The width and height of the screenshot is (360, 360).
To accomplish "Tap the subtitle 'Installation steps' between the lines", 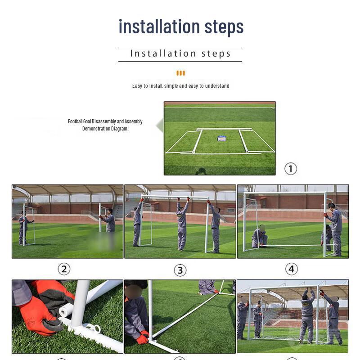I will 180,54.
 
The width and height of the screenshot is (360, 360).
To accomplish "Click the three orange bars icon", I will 180,73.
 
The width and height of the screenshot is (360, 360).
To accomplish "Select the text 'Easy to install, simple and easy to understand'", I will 180,86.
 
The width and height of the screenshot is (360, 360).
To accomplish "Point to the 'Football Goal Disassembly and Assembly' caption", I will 105,121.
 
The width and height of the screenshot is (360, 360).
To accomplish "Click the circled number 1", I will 291,169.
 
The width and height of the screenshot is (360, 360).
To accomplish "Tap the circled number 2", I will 64,269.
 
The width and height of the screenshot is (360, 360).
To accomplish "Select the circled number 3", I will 180,270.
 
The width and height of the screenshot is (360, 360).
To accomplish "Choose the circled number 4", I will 292,269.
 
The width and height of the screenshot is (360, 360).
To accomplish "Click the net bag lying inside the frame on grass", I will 221,139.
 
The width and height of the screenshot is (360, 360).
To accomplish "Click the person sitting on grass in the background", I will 207,287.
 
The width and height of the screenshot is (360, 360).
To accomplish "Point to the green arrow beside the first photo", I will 159,126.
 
